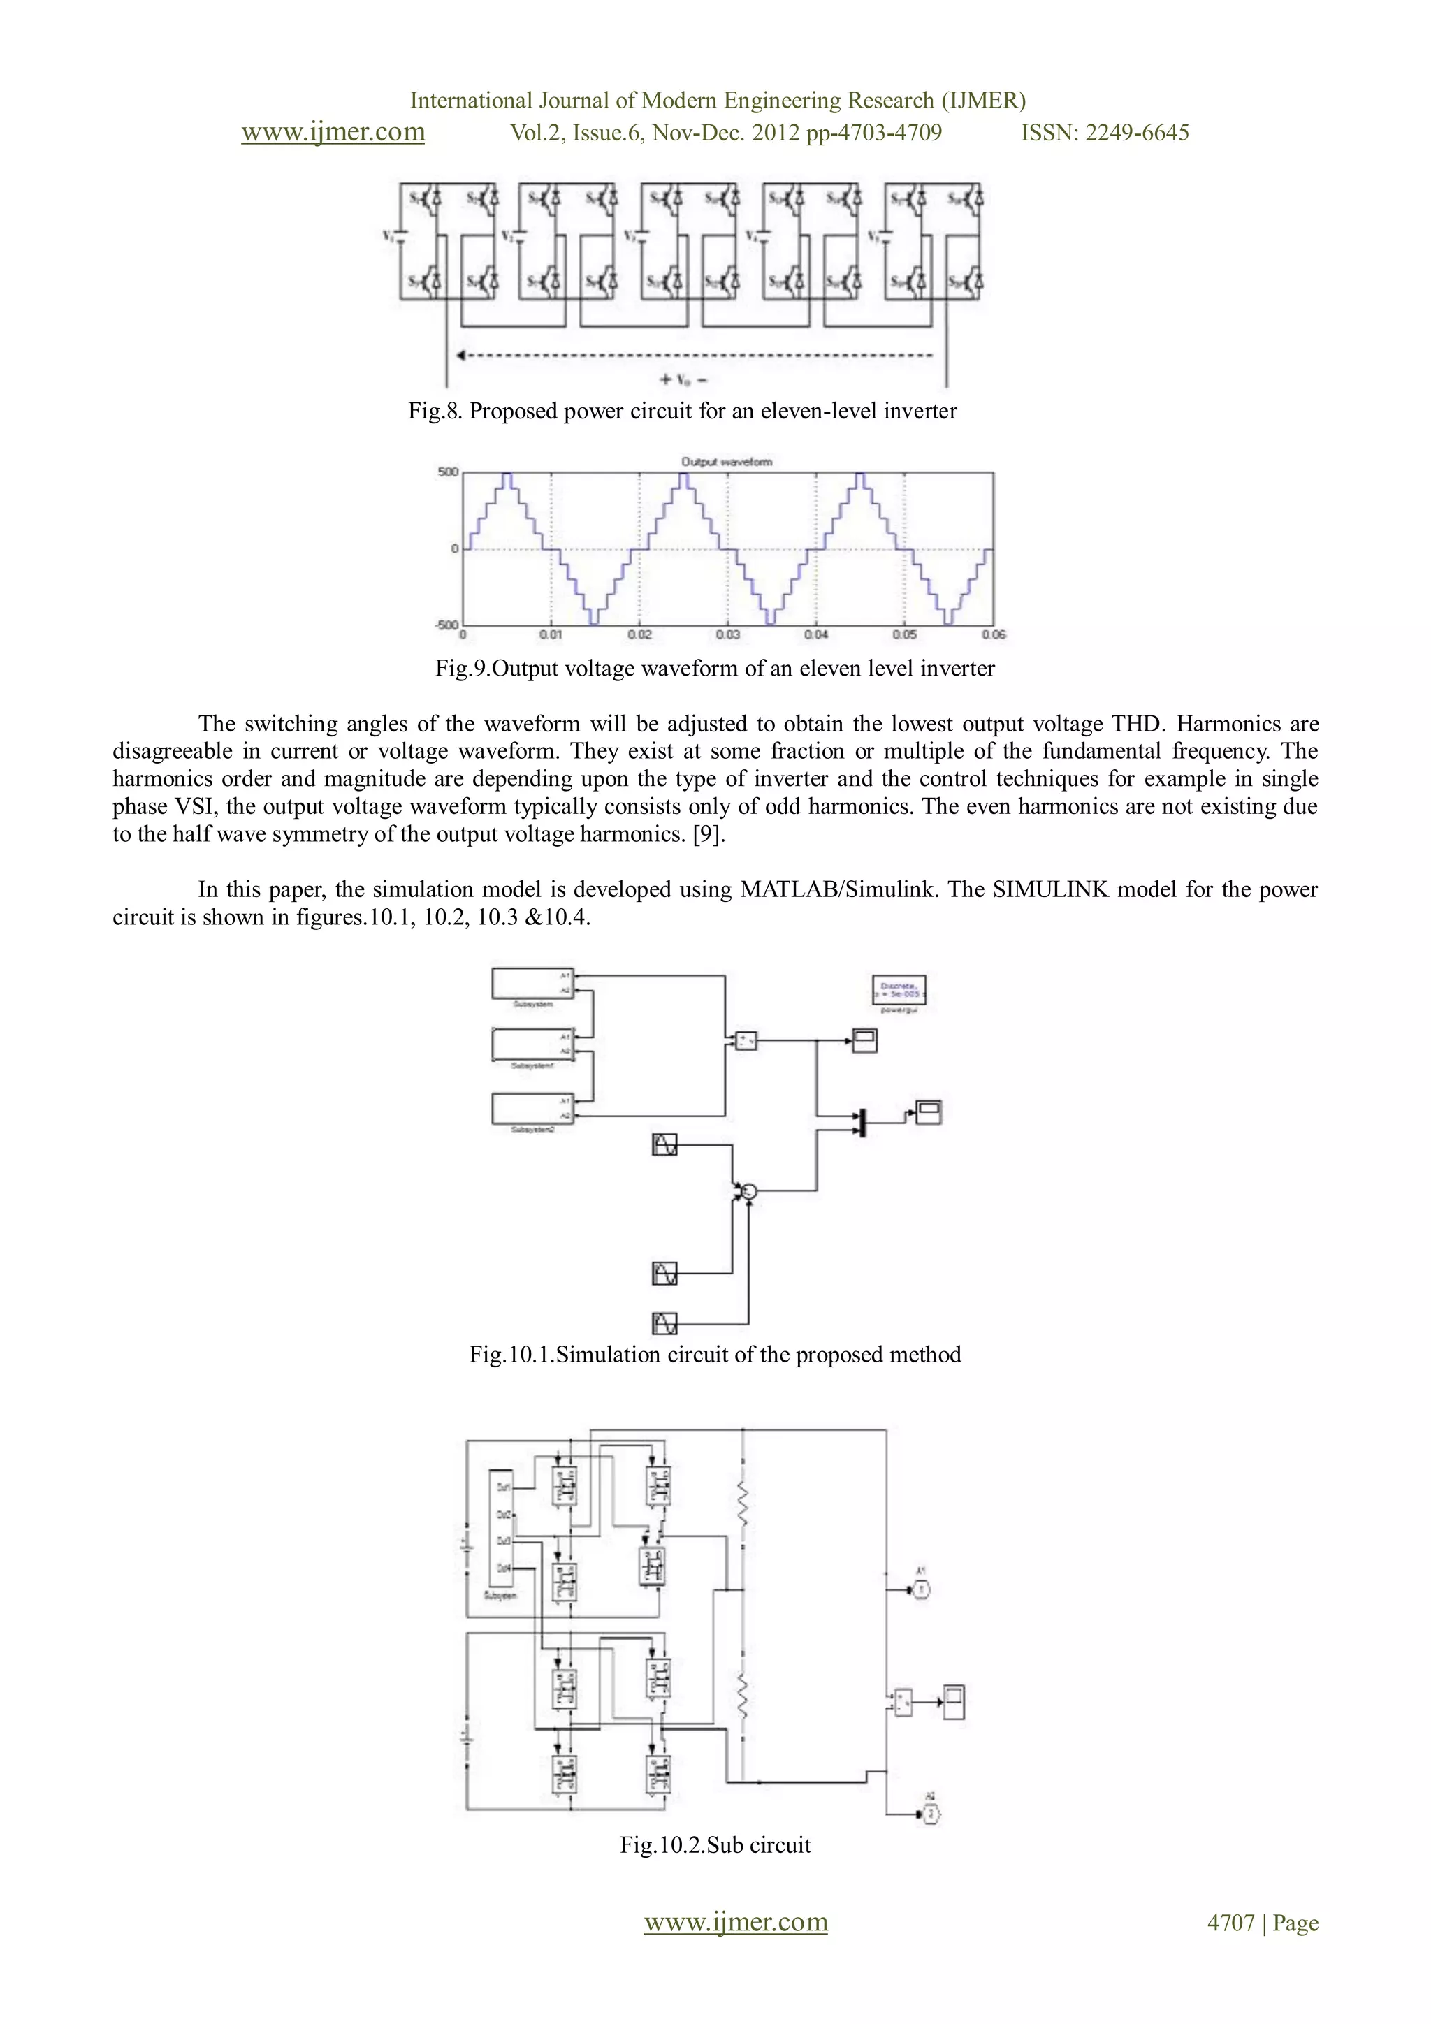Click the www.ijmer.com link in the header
(333, 132)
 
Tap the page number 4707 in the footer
(1230, 1923)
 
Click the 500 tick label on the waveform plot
(448, 472)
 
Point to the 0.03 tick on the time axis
(727, 634)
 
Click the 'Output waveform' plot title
(727, 462)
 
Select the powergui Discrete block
(899, 991)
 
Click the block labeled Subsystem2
(532, 1108)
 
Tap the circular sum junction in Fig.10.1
(748, 1192)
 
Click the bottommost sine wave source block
(664, 1323)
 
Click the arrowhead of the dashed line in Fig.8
(460, 356)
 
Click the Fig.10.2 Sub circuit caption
(715, 1845)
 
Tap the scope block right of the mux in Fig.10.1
(929, 1112)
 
